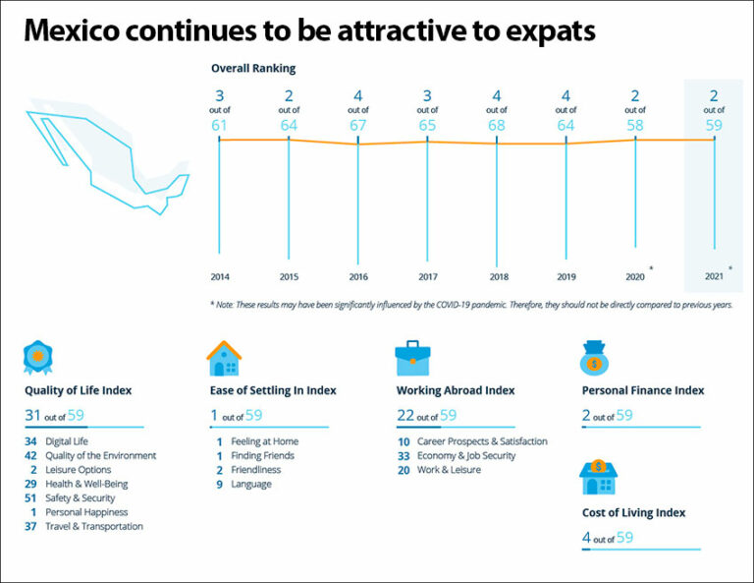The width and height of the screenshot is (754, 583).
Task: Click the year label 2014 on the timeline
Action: (x=219, y=277)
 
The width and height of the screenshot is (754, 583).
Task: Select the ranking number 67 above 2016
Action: (x=358, y=125)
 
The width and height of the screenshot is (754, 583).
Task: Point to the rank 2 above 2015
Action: (x=289, y=95)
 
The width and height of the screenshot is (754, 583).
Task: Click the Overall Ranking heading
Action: (x=253, y=69)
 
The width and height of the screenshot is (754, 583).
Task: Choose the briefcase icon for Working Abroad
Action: (x=412, y=359)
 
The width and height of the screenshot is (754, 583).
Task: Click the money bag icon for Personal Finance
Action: (x=596, y=359)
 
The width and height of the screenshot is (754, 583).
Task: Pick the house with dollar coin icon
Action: (x=597, y=477)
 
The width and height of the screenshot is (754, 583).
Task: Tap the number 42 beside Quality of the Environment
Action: (x=31, y=455)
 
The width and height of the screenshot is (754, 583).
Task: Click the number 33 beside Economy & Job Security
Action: (x=404, y=455)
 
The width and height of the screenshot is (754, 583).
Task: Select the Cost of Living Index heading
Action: (x=633, y=512)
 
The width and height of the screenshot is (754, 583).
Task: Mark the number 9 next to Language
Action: (x=219, y=484)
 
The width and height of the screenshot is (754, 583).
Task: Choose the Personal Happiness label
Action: (x=86, y=512)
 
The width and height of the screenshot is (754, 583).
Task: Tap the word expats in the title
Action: (x=546, y=31)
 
